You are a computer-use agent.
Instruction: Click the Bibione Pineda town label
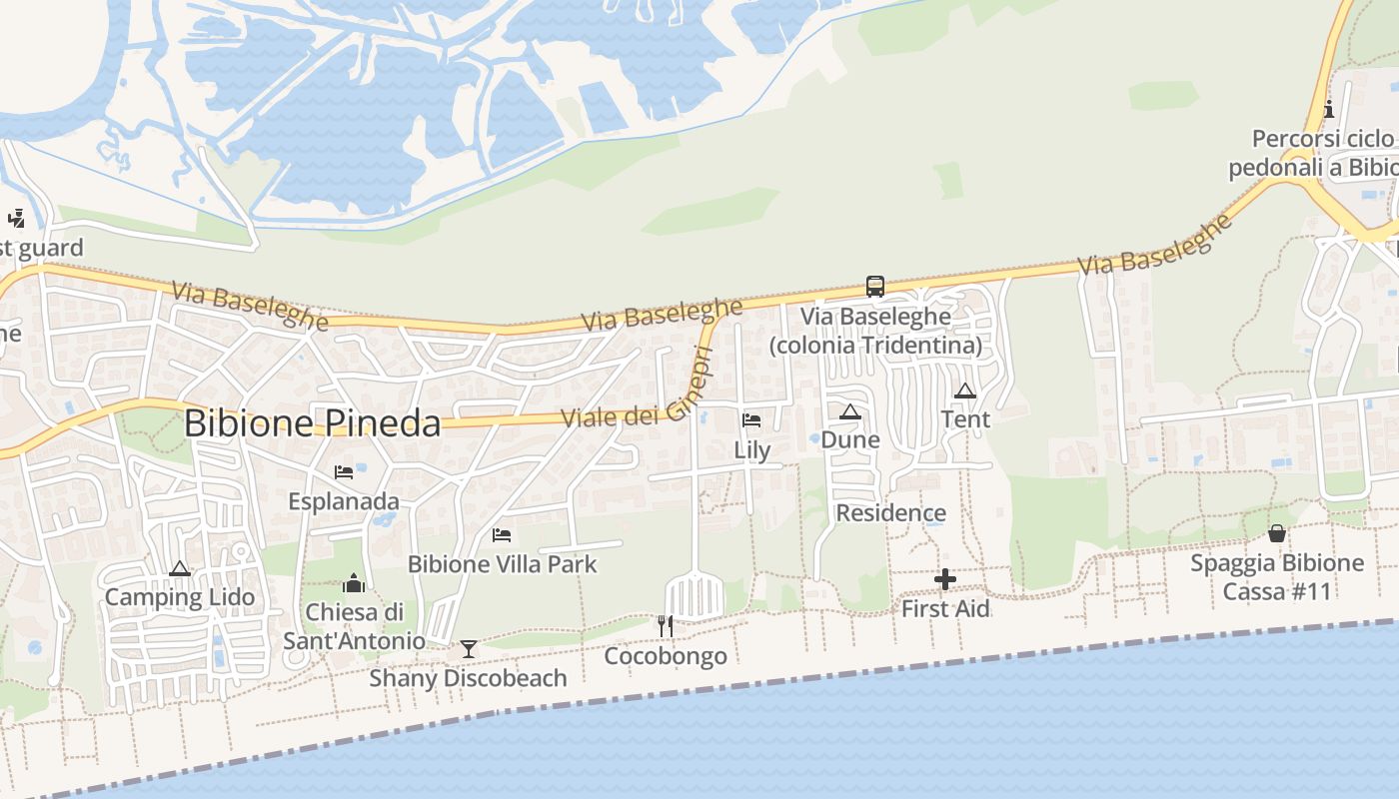click(x=312, y=423)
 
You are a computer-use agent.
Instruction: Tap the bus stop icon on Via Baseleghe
click(x=875, y=287)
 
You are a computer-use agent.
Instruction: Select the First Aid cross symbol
click(x=944, y=579)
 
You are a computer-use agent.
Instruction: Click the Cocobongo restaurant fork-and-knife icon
click(x=665, y=626)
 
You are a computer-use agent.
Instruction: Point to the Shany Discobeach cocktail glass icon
click(x=468, y=649)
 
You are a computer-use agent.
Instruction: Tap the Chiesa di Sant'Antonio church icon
click(x=354, y=583)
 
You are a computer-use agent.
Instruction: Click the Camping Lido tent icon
click(x=180, y=569)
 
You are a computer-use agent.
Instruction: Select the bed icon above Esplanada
click(x=344, y=472)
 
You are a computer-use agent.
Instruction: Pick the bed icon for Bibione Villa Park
click(x=502, y=535)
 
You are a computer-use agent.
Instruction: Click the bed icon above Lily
click(x=751, y=420)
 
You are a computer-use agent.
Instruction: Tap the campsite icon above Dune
click(x=850, y=411)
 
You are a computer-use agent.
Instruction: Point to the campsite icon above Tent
click(x=964, y=391)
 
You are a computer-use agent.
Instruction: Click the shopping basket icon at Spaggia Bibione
click(x=1276, y=533)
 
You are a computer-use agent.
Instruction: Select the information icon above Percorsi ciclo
click(x=1329, y=110)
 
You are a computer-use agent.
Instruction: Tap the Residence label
click(x=890, y=513)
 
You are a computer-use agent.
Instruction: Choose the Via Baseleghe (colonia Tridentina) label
click(x=875, y=331)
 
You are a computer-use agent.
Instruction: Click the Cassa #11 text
click(x=1277, y=591)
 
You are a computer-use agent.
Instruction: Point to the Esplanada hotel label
click(x=344, y=501)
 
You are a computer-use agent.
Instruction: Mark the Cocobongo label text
click(x=666, y=656)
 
